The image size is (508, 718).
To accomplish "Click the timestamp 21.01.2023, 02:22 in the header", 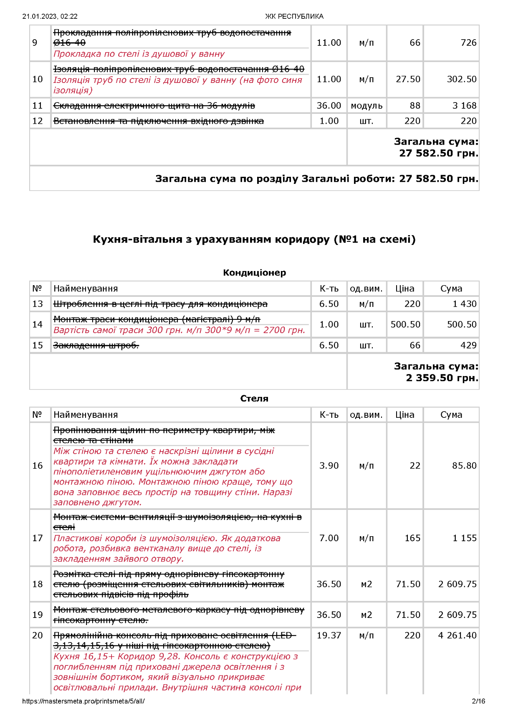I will coord(50,17).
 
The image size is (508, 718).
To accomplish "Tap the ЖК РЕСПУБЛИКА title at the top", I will coord(294,17).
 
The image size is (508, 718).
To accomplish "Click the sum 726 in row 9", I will coord(468,43).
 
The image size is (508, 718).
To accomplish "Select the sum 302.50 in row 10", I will coord(461,79).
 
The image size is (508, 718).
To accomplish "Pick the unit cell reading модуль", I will coord(366,106).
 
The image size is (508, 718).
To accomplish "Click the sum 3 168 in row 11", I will coord(464,106).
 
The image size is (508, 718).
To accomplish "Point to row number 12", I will coord(38,121).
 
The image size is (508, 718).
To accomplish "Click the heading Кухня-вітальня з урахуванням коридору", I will coord(254,239).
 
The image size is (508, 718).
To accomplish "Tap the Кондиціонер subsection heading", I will coord(254,273).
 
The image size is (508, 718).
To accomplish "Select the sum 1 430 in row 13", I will coord(464,304).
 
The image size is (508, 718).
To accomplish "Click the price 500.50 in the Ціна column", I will coord(405,324).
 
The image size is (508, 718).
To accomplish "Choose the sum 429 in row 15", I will coord(468,345).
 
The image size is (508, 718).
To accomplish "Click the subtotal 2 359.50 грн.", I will coord(442,378).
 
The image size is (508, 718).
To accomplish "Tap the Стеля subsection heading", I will coord(254,399).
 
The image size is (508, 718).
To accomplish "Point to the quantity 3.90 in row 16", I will coord(329,466).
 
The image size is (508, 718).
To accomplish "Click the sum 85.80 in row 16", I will coord(464,466).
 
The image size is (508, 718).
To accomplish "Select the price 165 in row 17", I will coord(412,538).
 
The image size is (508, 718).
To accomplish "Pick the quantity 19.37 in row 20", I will coord(329,635).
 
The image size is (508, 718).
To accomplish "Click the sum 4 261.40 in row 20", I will coord(457,635).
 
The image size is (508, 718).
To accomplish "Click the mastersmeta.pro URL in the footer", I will coord(83,701).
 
